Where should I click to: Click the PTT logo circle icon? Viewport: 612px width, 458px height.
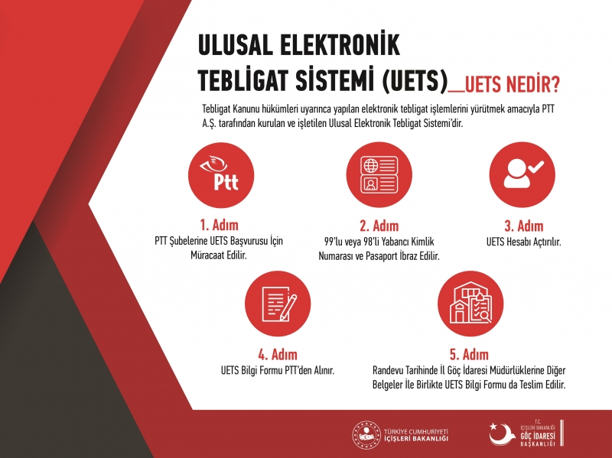[x=221, y=175]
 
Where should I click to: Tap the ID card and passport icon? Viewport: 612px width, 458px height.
[x=379, y=175]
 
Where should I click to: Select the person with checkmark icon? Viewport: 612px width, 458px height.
[x=522, y=175]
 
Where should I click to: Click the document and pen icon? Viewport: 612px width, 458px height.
[x=278, y=304]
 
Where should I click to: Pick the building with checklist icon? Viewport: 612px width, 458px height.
[x=470, y=304]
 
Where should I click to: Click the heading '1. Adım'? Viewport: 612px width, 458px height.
[x=219, y=225]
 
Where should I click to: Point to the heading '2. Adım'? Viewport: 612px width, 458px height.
[x=379, y=226]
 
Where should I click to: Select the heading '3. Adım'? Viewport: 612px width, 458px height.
[x=524, y=226]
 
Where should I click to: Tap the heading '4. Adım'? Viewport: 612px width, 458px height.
[x=278, y=355]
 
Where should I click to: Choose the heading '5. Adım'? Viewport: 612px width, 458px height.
[x=469, y=355]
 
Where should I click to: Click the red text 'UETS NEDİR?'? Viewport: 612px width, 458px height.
[x=512, y=83]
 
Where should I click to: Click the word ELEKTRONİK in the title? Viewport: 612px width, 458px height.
[x=340, y=44]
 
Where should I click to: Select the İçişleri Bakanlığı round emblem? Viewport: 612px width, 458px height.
[x=366, y=434]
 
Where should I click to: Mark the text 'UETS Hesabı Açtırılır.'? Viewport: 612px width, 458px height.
[x=523, y=242]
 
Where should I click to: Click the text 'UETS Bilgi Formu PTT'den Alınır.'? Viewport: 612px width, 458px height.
[x=278, y=370]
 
